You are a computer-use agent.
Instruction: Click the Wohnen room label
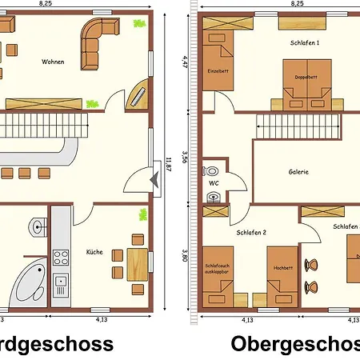[x=53, y=62]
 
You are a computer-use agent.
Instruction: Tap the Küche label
[x=94, y=253]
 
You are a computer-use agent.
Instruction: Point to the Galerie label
[x=299, y=171]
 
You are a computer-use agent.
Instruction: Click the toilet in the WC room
[x=211, y=172]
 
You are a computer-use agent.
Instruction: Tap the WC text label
[x=214, y=183]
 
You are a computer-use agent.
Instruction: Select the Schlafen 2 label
[x=251, y=232]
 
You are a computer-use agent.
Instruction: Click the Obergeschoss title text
[x=296, y=344]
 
